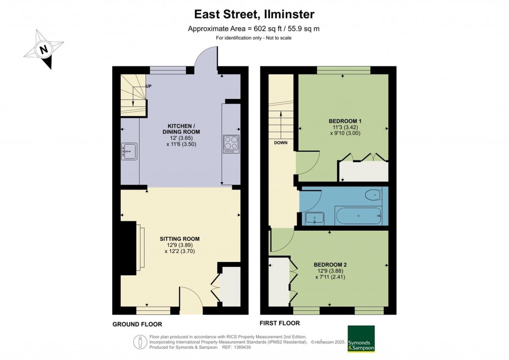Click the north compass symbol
click(x=44, y=50)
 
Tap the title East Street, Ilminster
click(x=254, y=14)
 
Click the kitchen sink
click(x=129, y=151)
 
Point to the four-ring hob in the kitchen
click(x=231, y=144)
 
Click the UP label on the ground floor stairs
click(x=148, y=86)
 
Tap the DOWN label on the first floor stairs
click(x=281, y=142)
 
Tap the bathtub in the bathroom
click(x=358, y=215)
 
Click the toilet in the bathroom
click(x=373, y=194)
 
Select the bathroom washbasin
click(x=314, y=217)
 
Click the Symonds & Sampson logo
click(x=361, y=339)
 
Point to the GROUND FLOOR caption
click(x=137, y=324)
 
